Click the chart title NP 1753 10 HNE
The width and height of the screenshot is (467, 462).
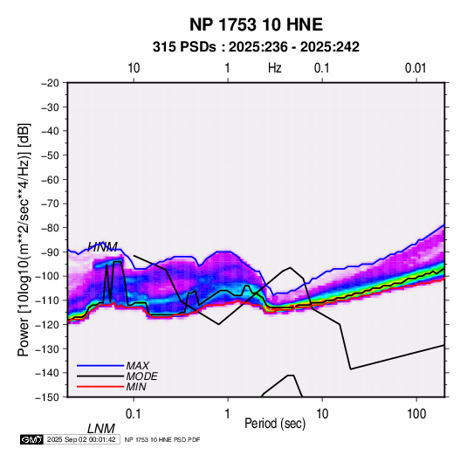[x=256, y=24]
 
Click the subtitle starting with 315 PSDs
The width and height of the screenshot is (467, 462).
[x=256, y=47]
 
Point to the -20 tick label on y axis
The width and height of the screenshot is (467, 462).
[x=50, y=83]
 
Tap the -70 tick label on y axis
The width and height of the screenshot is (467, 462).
[x=50, y=203]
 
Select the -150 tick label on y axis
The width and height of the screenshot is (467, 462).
[x=47, y=397]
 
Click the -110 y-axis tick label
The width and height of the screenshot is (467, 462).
[x=47, y=300]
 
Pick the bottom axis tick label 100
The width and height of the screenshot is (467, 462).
[x=416, y=414]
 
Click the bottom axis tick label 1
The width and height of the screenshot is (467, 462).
[x=228, y=414]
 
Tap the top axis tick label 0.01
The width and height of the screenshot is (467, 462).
[x=415, y=68]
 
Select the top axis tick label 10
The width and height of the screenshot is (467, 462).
[x=134, y=68]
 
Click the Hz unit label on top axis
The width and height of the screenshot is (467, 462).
[x=275, y=68]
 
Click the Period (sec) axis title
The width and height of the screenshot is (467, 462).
[x=275, y=424]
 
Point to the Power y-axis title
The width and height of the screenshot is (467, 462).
[x=24, y=239]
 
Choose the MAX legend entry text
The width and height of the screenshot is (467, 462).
[x=138, y=366]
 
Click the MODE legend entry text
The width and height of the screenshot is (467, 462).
[x=141, y=376]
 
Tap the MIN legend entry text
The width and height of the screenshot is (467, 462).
[x=136, y=387]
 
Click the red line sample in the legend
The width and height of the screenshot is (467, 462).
[x=100, y=387]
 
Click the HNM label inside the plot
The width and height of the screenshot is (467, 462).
[x=103, y=246]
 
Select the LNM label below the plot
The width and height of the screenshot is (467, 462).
[x=101, y=429]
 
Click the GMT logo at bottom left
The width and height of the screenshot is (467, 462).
[x=32, y=439]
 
